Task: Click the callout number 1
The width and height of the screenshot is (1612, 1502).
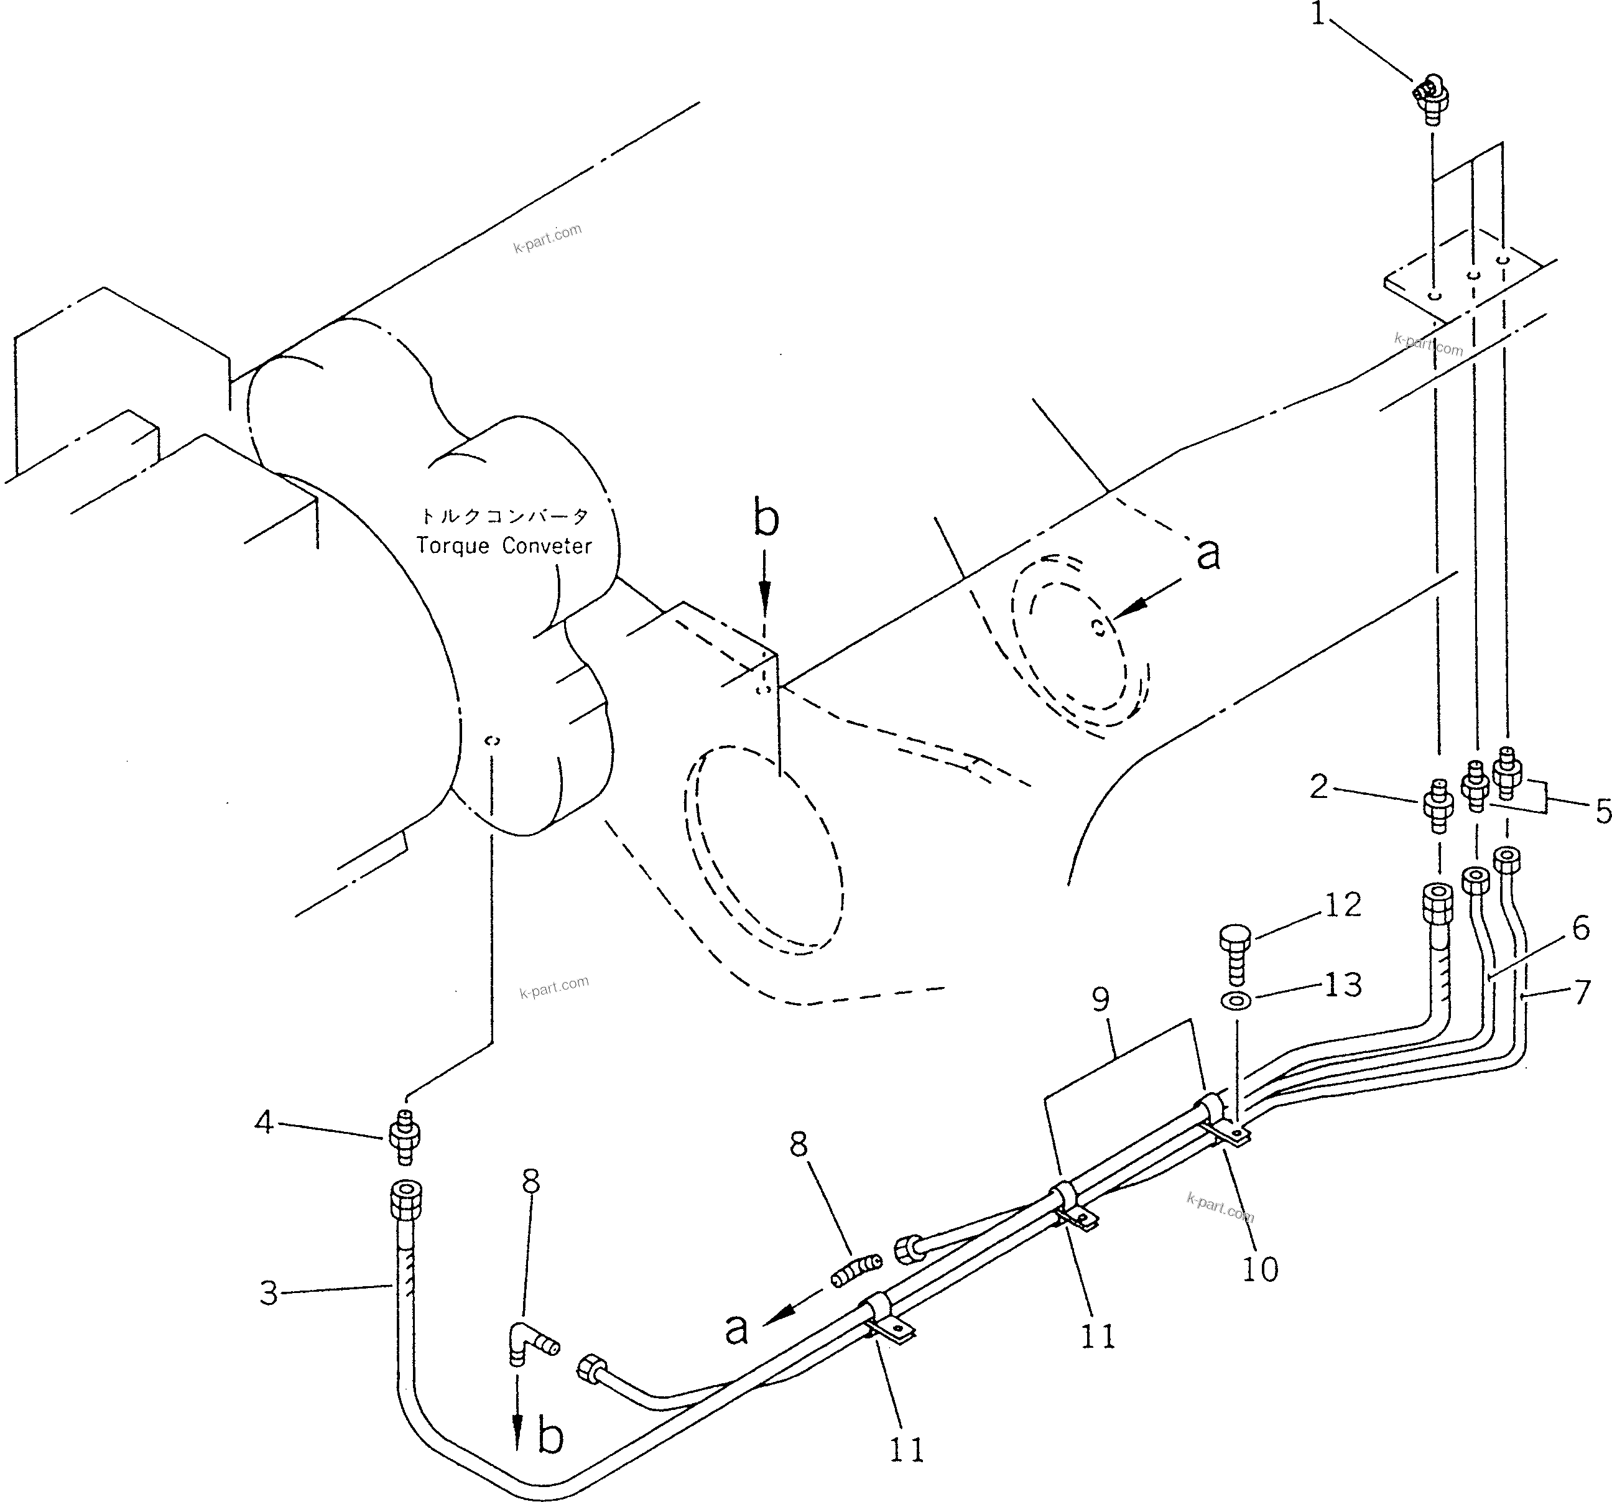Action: coord(1318,16)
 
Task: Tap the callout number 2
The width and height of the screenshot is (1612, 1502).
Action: coord(1319,786)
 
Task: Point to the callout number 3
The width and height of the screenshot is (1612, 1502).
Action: coord(269,1294)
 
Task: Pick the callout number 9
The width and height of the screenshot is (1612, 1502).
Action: coord(1100,1000)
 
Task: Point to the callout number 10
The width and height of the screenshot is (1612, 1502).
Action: coord(1259,1268)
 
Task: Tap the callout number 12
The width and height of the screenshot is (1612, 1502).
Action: coord(1342,905)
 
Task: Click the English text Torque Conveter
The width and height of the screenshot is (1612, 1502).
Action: coord(504,546)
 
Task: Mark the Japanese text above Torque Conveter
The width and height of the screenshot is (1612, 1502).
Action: coord(504,516)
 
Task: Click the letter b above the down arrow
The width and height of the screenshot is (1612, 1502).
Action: coord(766,519)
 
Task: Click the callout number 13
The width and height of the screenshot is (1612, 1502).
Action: coord(1342,985)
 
